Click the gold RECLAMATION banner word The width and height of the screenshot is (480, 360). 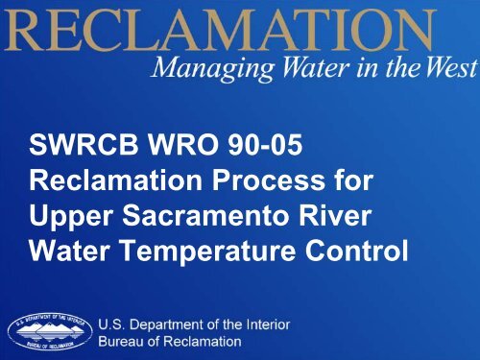219,30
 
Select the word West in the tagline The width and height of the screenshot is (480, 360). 452,67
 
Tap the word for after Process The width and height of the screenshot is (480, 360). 352,180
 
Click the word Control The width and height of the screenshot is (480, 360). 356,251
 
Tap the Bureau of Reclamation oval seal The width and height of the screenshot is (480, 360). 50,331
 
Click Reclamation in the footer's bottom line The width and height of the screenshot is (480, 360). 203,342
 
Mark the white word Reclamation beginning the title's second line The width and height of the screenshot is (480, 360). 116,180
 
